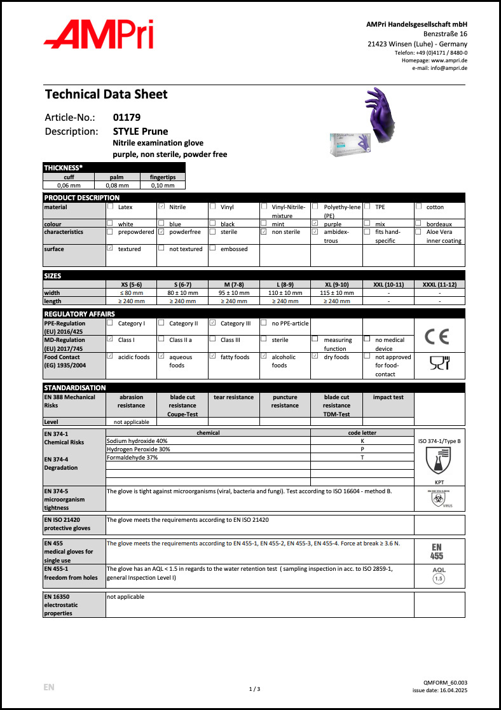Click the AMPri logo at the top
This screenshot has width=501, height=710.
[99, 35]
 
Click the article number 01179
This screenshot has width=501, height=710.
[127, 118]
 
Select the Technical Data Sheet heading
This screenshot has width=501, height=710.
[106, 95]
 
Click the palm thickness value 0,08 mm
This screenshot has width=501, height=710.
[120, 185]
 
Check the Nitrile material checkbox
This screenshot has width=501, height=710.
[161, 207]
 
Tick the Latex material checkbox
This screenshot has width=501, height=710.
[111, 207]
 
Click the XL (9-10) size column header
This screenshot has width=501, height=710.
[336, 284]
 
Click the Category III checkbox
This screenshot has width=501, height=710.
[213, 323]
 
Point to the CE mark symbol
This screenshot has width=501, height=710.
[439, 336]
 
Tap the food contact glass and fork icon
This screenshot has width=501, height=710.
[439, 363]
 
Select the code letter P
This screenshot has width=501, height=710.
[362, 449]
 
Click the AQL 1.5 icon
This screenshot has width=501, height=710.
[439, 575]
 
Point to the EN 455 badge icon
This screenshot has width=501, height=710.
[439, 551]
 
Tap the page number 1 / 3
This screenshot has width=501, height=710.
[254, 689]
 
